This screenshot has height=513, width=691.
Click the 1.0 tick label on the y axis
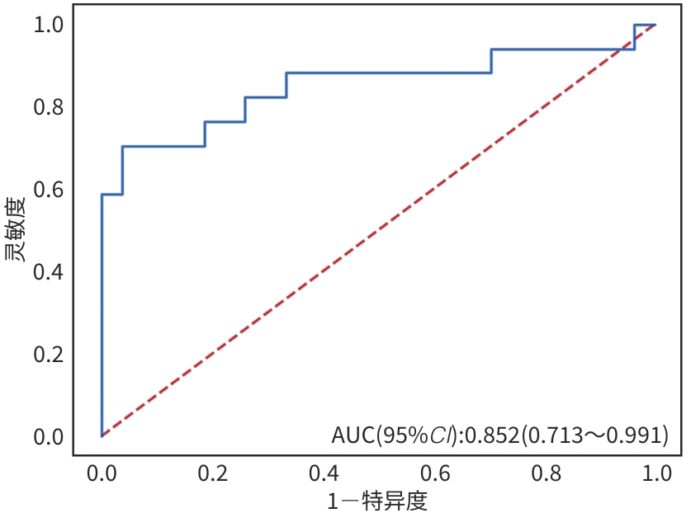[49, 26]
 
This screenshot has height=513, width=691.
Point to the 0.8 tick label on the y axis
[49, 107]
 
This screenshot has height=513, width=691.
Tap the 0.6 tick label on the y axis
[49, 190]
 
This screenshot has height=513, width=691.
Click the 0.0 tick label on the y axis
[49, 435]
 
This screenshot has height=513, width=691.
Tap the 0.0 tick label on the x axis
[102, 474]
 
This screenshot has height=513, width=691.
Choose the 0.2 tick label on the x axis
[213, 474]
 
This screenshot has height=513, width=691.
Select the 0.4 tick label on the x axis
[324, 474]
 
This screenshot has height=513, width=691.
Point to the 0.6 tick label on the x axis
[435, 474]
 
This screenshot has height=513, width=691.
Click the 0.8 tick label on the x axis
[546, 474]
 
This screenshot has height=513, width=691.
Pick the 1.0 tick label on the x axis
[656, 474]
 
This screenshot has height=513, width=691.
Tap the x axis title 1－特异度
[378, 500]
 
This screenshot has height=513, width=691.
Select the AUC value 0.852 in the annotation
[491, 435]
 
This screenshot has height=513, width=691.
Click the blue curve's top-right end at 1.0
[656, 25]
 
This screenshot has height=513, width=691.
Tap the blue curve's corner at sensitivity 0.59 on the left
[102, 195]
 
